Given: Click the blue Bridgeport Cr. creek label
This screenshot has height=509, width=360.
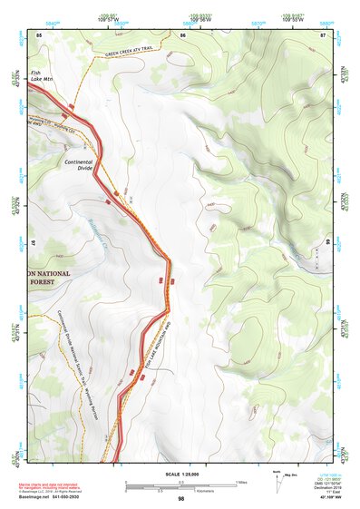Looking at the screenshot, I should coord(98,227).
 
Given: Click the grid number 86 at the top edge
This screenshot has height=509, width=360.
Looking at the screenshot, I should coord(183,34).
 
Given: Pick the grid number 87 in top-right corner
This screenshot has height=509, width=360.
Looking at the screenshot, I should coord(324,34).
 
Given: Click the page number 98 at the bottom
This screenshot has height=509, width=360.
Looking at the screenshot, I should coord(181,499).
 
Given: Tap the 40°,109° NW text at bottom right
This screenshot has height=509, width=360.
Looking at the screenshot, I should coord(324,498).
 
